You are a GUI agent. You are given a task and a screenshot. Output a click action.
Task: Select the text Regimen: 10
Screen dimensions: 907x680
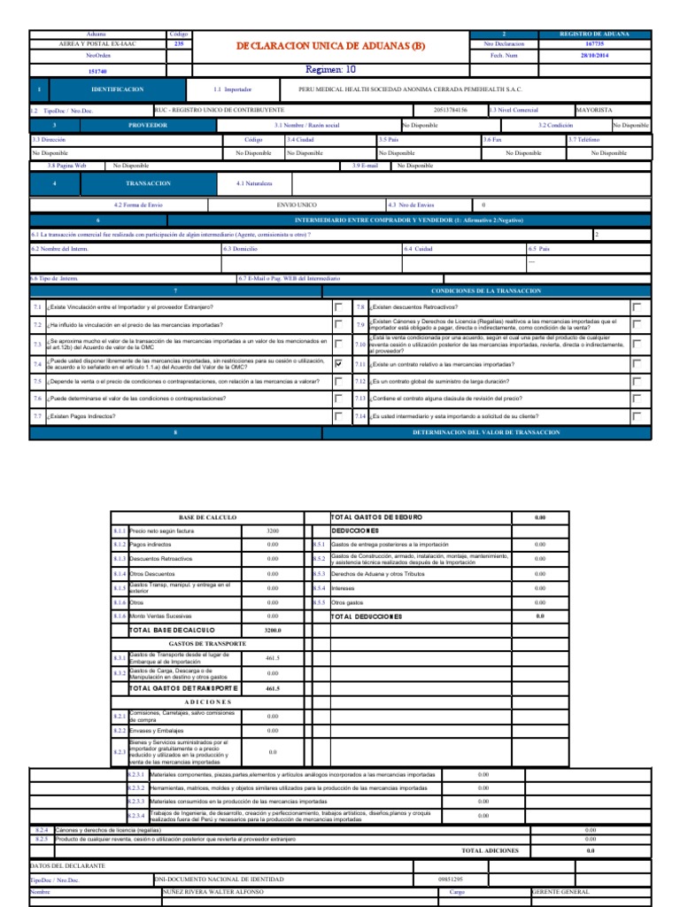point(329,68)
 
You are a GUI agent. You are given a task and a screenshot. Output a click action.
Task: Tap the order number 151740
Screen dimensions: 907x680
point(98,71)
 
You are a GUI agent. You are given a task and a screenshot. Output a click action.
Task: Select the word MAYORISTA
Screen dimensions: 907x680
point(594,110)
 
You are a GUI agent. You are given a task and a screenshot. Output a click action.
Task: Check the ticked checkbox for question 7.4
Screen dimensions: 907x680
point(339,363)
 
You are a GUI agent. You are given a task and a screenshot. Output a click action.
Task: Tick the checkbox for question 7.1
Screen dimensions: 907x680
point(339,306)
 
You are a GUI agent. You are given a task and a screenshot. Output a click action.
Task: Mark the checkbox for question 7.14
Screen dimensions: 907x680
point(637,415)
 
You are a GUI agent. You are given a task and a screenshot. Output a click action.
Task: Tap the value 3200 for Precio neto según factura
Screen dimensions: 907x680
point(273,530)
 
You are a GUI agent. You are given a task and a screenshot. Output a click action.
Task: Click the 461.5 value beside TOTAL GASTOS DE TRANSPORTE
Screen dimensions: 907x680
point(273,687)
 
